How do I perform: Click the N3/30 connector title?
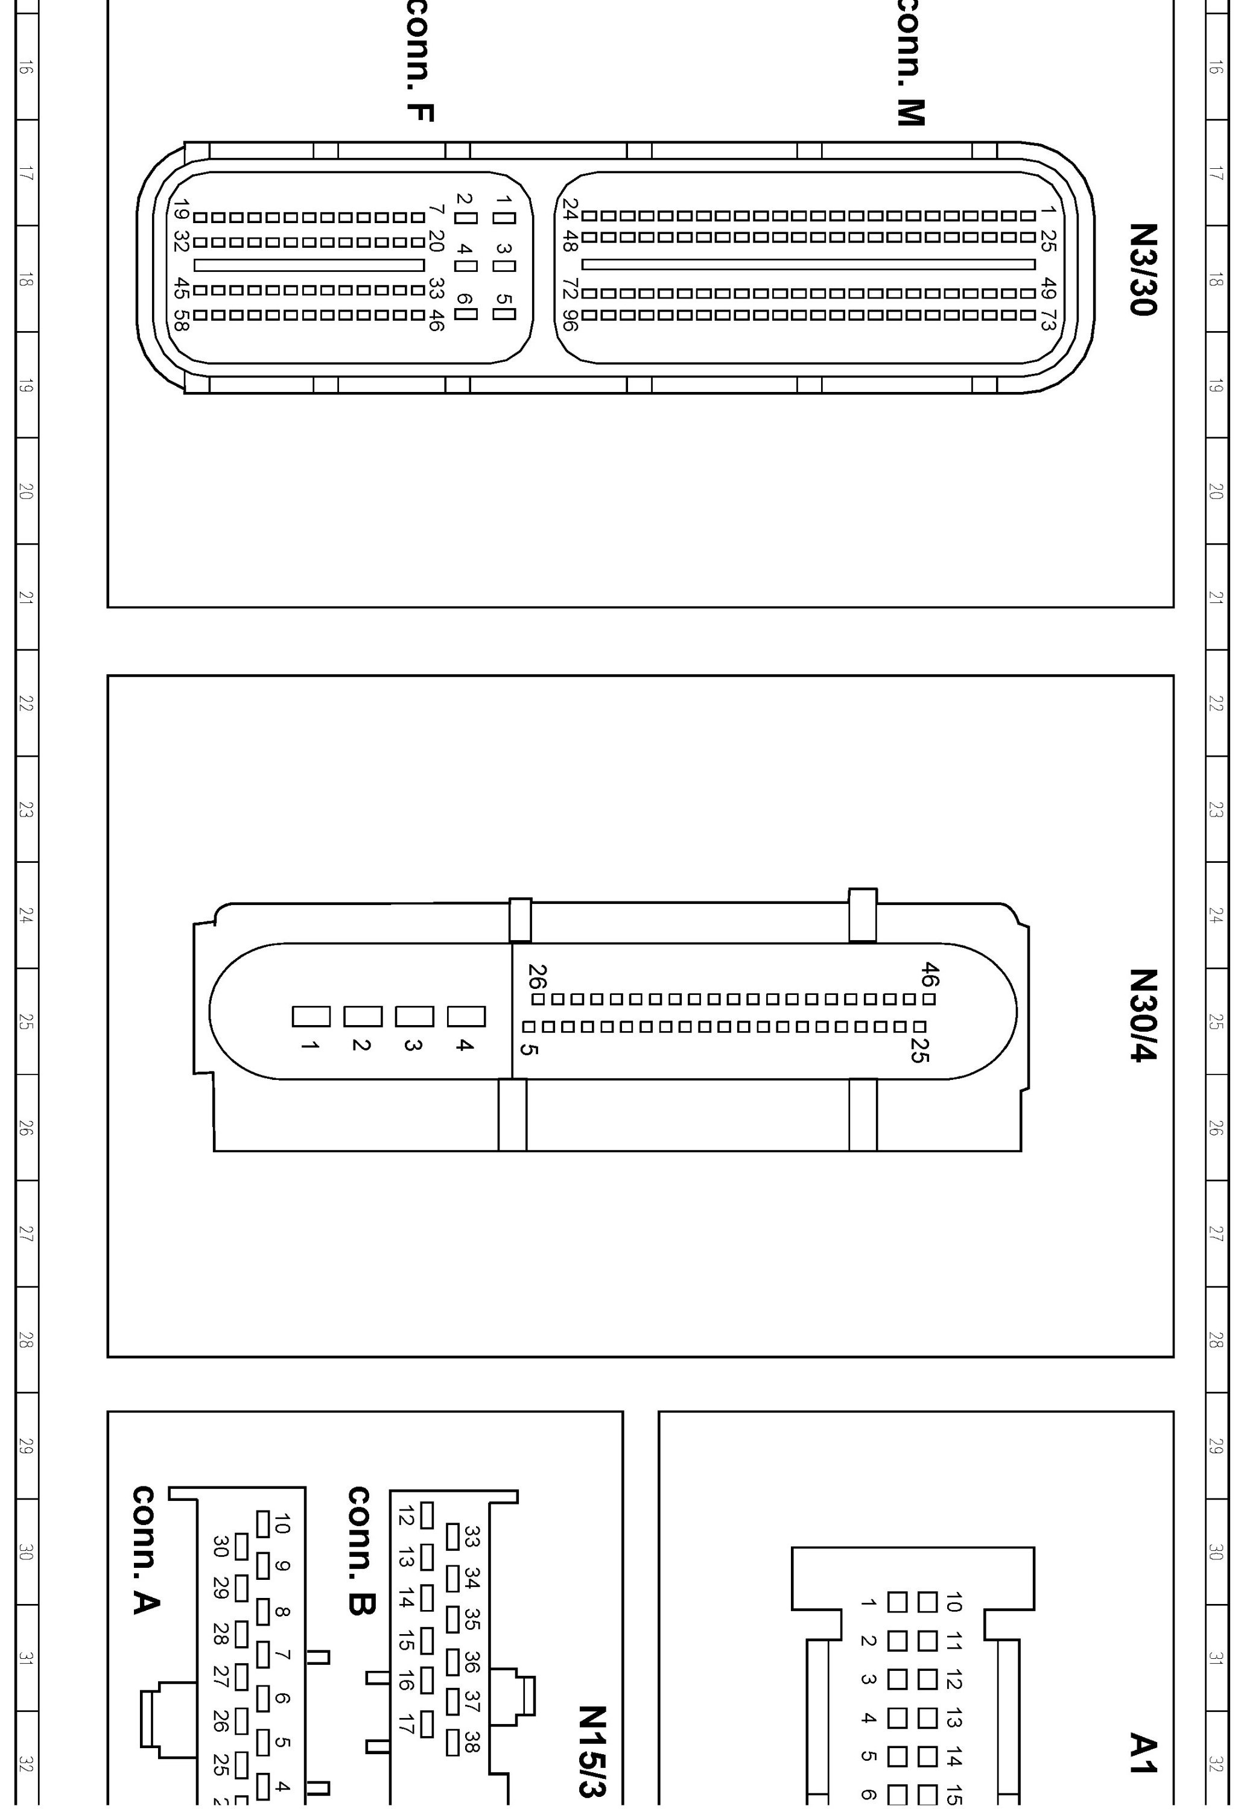[x=1143, y=269]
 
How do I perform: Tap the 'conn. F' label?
[x=420, y=62]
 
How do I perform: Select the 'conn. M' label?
[x=910, y=62]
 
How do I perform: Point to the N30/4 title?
[x=1143, y=1014]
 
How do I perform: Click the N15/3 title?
[x=592, y=1750]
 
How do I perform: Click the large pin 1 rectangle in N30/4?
[x=311, y=1017]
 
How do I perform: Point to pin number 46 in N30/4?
[x=930, y=974]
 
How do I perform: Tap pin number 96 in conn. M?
[x=570, y=322]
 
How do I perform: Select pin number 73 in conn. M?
[x=1049, y=320]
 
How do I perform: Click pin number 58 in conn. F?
[x=181, y=320]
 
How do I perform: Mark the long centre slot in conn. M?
[x=808, y=265]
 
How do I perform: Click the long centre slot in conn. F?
[x=309, y=265]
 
